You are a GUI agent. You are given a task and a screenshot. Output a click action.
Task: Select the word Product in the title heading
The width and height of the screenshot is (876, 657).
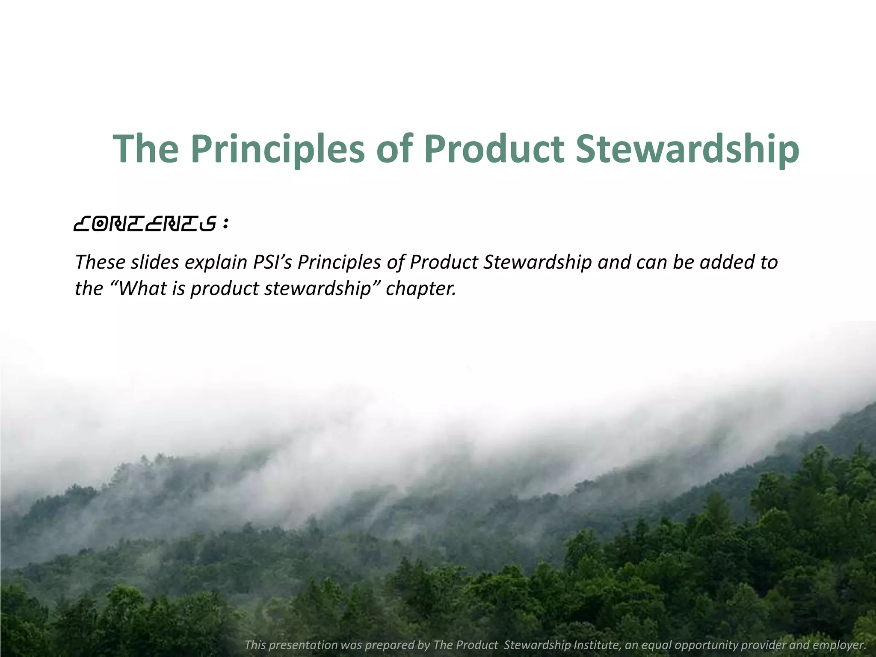pyautogui.click(x=494, y=149)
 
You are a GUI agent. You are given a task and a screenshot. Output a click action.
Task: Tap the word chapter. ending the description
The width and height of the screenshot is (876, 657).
pyautogui.click(x=421, y=289)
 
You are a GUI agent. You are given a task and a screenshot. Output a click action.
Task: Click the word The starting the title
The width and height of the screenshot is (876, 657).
pyautogui.click(x=145, y=149)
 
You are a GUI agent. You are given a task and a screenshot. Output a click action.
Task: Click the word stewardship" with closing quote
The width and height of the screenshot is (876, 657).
pyautogui.click(x=323, y=289)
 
